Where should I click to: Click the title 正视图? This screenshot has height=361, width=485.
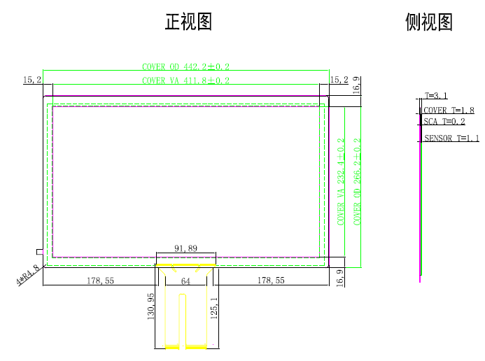pos(188,22)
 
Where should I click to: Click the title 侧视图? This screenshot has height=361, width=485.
pos(429,22)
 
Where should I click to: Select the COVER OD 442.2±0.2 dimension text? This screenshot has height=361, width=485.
pos(185,66)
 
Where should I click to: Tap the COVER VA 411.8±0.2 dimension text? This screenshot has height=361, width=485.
pos(185,80)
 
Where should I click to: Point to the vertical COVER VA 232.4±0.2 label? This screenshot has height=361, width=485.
pos(342,180)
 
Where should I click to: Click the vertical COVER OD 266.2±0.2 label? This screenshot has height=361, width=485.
pos(358,180)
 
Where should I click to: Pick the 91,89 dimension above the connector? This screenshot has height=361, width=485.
pos(185,248)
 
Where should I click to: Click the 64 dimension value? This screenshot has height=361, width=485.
pos(185,281)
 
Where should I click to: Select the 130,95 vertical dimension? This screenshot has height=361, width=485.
pos(151,307)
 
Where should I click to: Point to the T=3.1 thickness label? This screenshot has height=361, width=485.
pos(436,96)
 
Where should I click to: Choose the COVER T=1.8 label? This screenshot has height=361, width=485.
pos(449,111)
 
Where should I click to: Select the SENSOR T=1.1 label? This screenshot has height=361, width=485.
pos(451,139)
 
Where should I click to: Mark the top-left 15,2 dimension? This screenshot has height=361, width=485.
pos(33,80)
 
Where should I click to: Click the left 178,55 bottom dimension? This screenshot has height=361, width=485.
pos(99,281)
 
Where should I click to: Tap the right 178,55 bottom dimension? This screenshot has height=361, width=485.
pos(271,281)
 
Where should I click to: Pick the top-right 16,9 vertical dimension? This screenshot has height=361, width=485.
pos(356,85)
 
